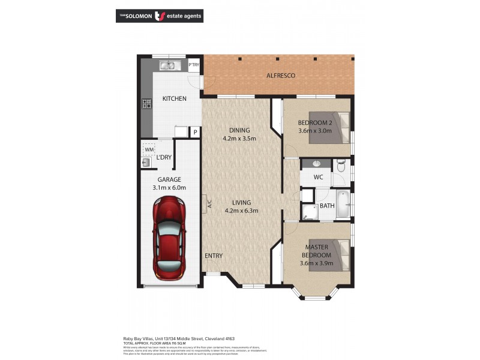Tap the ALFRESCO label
(281, 76)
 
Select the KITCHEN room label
(174, 98)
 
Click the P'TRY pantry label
(194, 65)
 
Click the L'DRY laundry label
(164, 158)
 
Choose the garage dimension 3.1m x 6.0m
(169, 188)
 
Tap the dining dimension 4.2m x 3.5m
(239, 138)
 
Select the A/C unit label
(208, 203)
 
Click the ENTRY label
(214, 256)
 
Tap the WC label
(319, 178)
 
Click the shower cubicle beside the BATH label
(310, 211)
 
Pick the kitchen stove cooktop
(146, 104)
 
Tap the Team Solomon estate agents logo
(159, 16)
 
